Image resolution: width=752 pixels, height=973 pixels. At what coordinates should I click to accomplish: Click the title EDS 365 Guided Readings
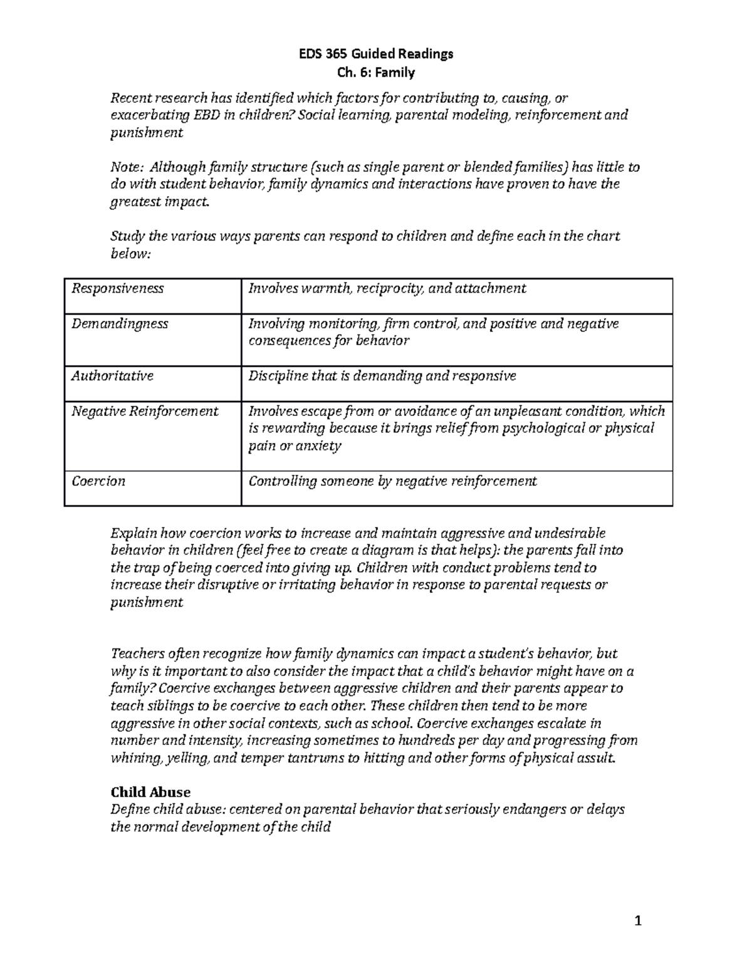point(375,54)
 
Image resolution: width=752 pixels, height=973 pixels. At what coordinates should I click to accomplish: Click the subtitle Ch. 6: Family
point(375,73)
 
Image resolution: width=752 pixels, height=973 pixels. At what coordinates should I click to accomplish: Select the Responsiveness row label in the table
point(117,288)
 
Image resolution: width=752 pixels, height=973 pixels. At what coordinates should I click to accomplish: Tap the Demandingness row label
point(120,324)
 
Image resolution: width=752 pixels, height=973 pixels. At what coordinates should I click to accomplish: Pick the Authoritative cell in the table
point(112,376)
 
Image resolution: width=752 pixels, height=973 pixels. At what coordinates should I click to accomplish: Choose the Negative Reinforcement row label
point(145,412)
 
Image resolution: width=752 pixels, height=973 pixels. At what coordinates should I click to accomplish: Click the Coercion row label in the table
point(98,481)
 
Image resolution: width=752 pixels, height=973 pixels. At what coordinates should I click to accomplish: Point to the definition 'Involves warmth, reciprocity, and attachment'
point(387,288)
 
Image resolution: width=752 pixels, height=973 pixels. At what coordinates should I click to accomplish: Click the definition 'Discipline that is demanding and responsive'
point(382,376)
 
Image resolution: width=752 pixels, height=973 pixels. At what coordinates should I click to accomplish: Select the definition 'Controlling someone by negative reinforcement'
point(393,481)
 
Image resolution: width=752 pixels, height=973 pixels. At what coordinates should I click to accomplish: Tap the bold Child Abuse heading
point(150,792)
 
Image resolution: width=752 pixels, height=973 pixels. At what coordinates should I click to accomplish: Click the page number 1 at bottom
point(638,921)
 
